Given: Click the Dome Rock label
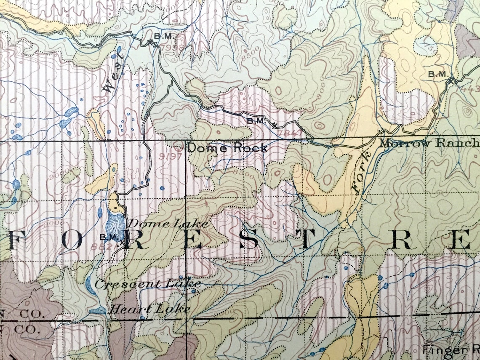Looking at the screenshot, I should pyautogui.click(x=227, y=148).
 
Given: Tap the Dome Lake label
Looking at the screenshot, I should pyautogui.click(x=168, y=224).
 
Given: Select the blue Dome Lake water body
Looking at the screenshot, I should pyautogui.click(x=115, y=223).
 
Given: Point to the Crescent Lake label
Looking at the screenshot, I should pyautogui.click(x=147, y=284).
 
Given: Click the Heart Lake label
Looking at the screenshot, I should pyautogui.click(x=149, y=309).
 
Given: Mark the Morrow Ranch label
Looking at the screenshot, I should pyautogui.click(x=429, y=143).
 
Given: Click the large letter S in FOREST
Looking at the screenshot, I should pyautogui.click(x=249, y=241).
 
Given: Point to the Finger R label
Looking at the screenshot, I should pyautogui.click(x=451, y=349).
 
